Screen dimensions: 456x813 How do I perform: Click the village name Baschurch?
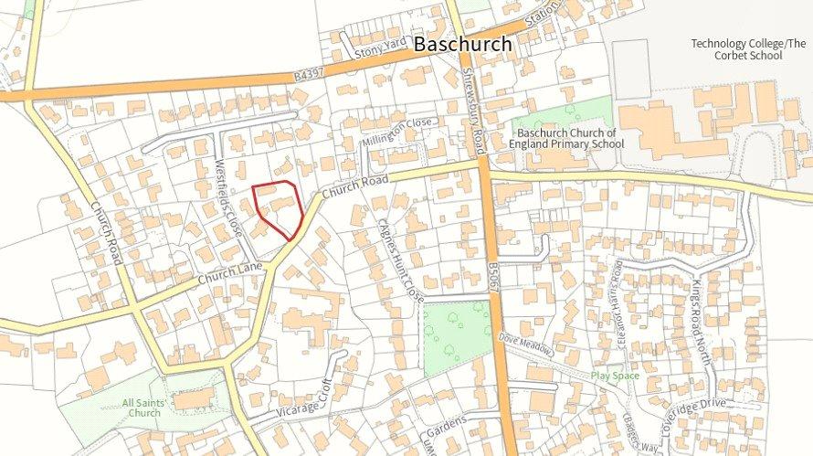pos(461,43)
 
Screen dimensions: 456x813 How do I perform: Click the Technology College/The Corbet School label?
pos(736,49)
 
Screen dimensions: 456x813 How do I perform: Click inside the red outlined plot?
pos(282,208)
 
